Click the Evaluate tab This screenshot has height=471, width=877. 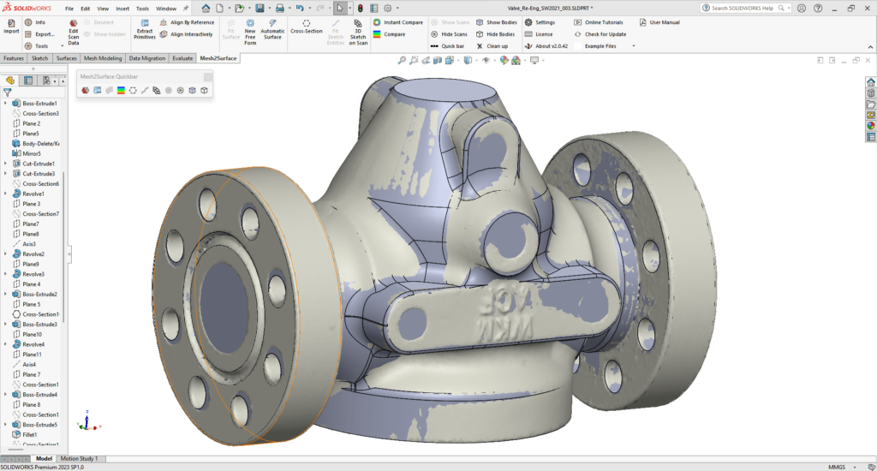[182, 58]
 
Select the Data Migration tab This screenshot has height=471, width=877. [147, 58]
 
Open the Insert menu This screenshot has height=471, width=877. [122, 8]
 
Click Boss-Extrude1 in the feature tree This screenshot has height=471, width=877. [39, 103]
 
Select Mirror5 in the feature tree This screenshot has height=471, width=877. [32, 153]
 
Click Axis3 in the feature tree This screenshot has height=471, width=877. [29, 244]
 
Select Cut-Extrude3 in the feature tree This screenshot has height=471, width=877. [39, 174]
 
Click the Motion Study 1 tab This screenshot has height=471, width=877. [79, 459]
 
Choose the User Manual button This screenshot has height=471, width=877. [665, 22]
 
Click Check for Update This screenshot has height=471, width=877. [605, 34]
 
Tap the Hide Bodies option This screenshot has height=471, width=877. [500, 34]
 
